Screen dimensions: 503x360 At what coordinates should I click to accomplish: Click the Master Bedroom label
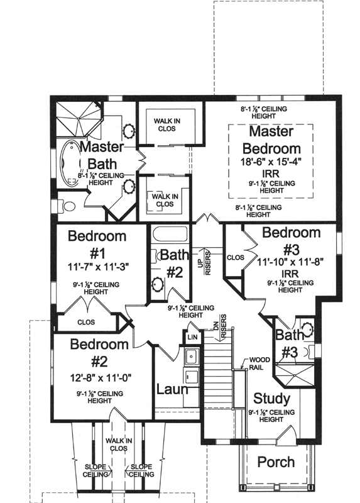click(x=271, y=140)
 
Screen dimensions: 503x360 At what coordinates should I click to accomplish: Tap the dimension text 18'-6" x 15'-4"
click(x=271, y=162)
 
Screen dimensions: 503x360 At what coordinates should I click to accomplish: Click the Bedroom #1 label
click(x=97, y=245)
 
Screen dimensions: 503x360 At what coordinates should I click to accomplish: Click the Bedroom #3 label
click(x=292, y=240)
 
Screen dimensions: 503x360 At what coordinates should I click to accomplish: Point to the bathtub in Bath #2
click(x=170, y=237)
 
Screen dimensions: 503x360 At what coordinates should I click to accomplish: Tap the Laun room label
click(x=172, y=389)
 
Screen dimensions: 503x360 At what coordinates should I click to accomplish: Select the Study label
click(x=271, y=399)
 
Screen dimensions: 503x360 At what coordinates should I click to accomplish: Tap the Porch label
click(x=276, y=462)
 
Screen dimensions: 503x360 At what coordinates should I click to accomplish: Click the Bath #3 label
click(x=289, y=345)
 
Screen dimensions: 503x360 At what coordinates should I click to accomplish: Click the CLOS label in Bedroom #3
click(x=235, y=257)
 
